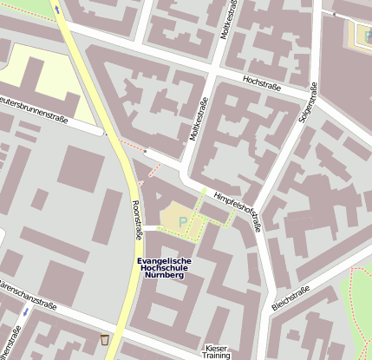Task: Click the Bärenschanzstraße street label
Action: click(26, 294)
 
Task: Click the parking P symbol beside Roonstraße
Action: click(182, 222)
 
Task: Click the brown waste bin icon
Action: click(105, 339)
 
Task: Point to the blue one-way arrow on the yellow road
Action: click(58, 10)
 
